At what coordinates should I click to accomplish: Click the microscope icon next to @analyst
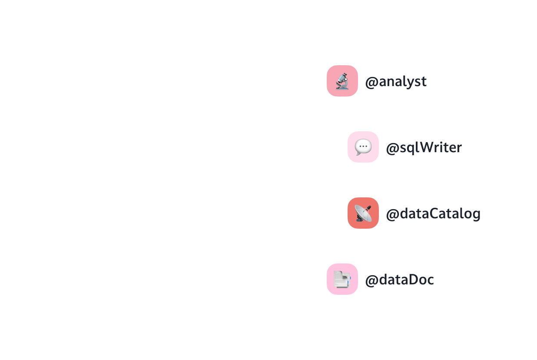pyautogui.click(x=342, y=81)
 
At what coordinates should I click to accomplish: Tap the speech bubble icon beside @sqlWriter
pyautogui.click(x=363, y=147)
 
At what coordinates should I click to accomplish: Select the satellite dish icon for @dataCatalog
pyautogui.click(x=363, y=213)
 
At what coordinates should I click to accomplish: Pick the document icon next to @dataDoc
pyautogui.click(x=342, y=279)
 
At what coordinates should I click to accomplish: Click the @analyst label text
pyautogui.click(x=396, y=82)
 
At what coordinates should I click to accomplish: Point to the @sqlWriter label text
pyautogui.click(x=424, y=148)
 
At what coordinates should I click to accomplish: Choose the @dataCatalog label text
pyautogui.click(x=433, y=214)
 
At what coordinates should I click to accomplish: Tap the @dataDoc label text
pyautogui.click(x=399, y=280)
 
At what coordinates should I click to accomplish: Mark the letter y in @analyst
pyautogui.click(x=411, y=83)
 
